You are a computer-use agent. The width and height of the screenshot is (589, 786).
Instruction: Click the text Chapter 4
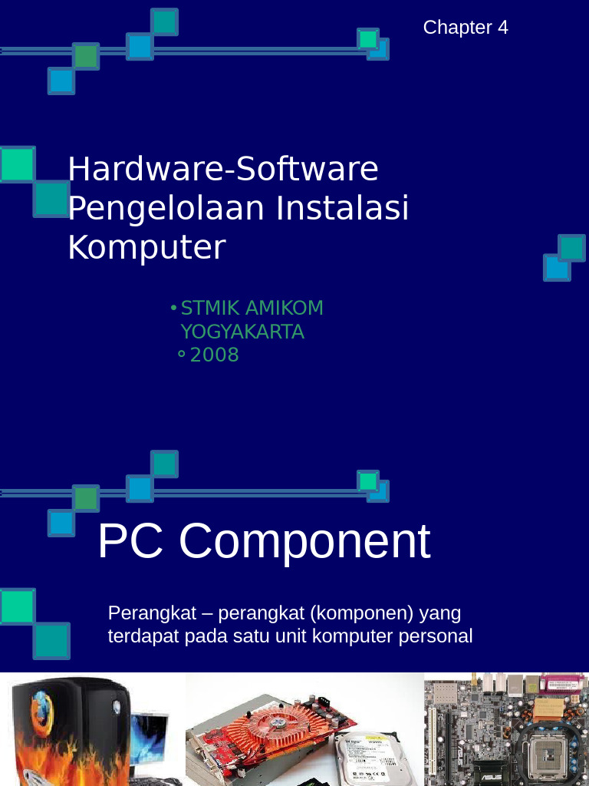tap(466, 28)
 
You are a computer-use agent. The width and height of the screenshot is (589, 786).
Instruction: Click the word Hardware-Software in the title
tap(223, 169)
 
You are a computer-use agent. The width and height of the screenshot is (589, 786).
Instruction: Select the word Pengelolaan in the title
tap(166, 208)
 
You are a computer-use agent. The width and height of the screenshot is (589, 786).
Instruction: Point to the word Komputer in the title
tap(146, 247)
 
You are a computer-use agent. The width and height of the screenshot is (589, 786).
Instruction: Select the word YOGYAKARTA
tap(242, 332)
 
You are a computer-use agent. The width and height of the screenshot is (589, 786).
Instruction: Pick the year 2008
tap(215, 355)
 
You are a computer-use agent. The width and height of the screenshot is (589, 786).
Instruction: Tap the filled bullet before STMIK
tap(173, 308)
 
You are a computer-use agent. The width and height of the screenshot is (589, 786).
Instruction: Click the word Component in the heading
tap(304, 541)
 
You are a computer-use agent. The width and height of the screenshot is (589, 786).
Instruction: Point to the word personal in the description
tap(438, 636)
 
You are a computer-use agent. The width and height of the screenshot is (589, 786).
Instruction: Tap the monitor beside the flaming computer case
tap(150, 738)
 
